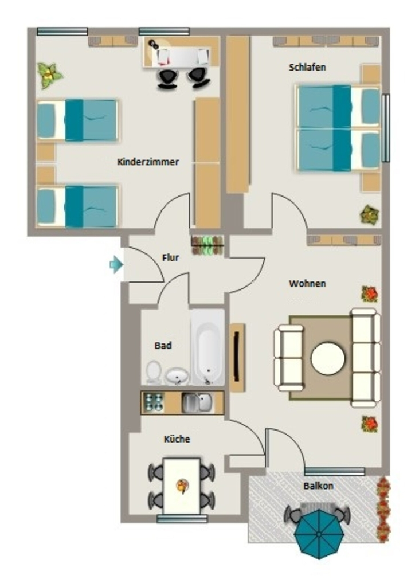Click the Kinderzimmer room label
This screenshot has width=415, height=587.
(x=148, y=162)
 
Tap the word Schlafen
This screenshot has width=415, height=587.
(x=307, y=68)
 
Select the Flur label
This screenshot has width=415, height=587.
(x=170, y=257)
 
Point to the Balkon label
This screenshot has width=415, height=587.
(x=318, y=486)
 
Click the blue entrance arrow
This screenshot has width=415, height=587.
(x=116, y=264)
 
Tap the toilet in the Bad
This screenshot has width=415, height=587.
(x=153, y=372)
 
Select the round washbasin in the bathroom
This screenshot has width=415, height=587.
(x=177, y=376)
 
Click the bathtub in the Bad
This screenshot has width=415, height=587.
(x=207, y=347)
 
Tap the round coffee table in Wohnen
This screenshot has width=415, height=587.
(x=328, y=358)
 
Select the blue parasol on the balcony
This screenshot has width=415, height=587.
(x=319, y=533)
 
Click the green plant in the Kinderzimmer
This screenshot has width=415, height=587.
(x=49, y=76)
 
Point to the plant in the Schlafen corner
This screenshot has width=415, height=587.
(x=370, y=215)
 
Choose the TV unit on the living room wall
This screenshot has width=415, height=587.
(x=237, y=358)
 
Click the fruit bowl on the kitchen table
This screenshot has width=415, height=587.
(x=182, y=486)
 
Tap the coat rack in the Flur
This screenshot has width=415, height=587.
(x=207, y=245)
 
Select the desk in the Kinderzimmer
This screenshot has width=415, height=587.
(x=181, y=52)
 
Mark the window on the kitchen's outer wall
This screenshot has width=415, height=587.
(x=182, y=518)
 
